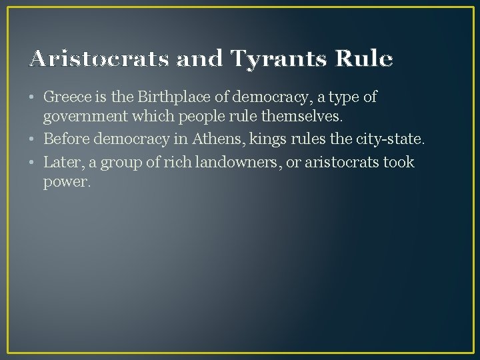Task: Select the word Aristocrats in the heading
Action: (x=99, y=59)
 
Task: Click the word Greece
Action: (x=67, y=97)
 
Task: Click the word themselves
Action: (x=305, y=117)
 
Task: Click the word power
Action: (x=65, y=182)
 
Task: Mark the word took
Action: (x=399, y=162)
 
